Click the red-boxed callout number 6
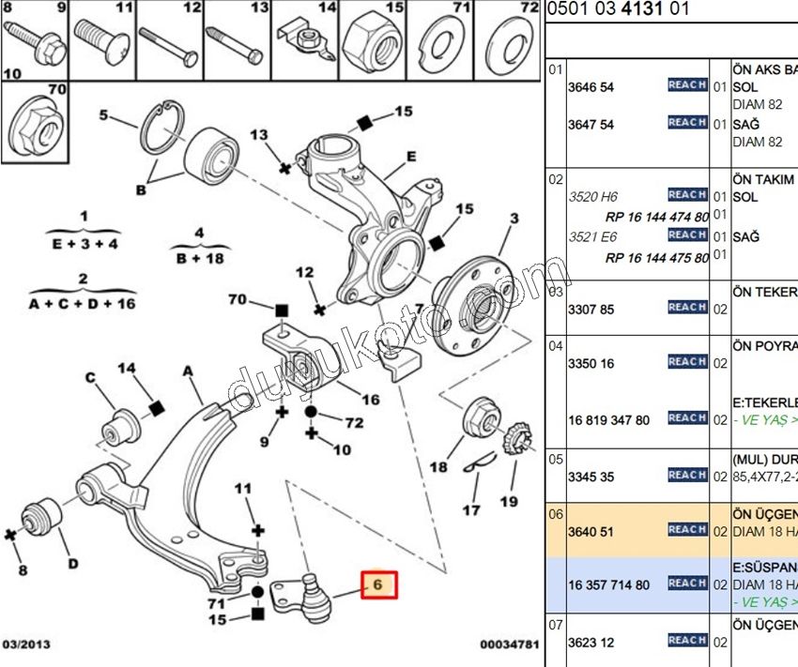[377, 585]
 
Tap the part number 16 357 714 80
[608, 585]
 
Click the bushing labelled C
[121, 424]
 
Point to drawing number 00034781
[510, 645]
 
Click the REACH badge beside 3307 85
[687, 308]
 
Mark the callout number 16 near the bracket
[371, 400]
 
